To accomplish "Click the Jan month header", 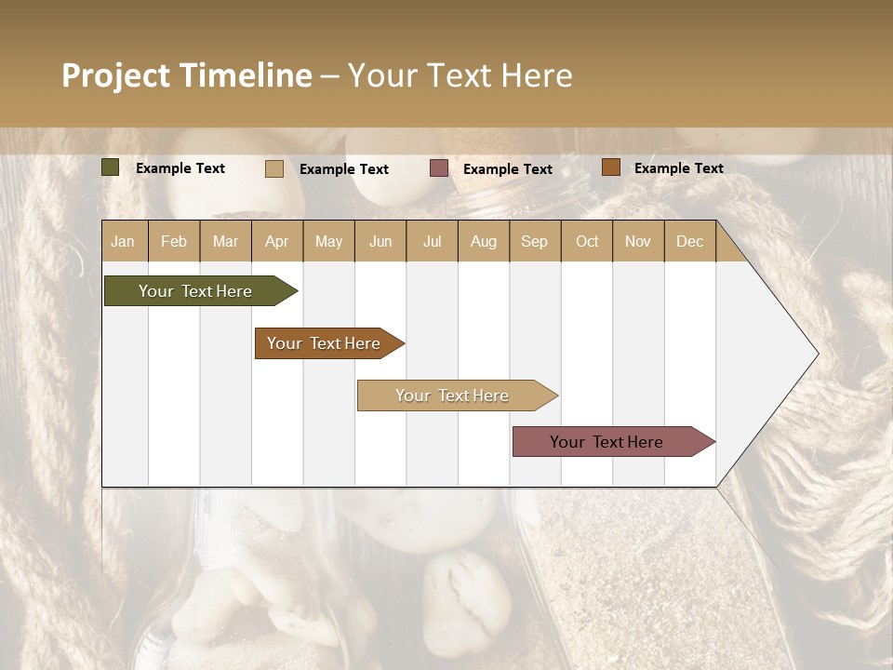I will coord(123,242).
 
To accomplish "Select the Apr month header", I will coord(276,242).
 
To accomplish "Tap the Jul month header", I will coord(432,242).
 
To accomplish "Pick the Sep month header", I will coord(534,242).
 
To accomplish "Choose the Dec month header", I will coord(689,242).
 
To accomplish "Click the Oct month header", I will coord(587,242).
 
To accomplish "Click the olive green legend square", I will coord(111,167).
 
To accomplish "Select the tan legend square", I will coord(274,168).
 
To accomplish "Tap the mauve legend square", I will coord(439,168).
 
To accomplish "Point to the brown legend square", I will coord(611,167).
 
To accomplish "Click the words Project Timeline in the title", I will coord(186,75).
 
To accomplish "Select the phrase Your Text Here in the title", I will coord(460,75).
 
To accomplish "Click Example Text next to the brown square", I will coord(678,168).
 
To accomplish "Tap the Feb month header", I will coord(174,242).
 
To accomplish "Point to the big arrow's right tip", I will coord(817,354).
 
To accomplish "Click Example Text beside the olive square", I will coord(180,168).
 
